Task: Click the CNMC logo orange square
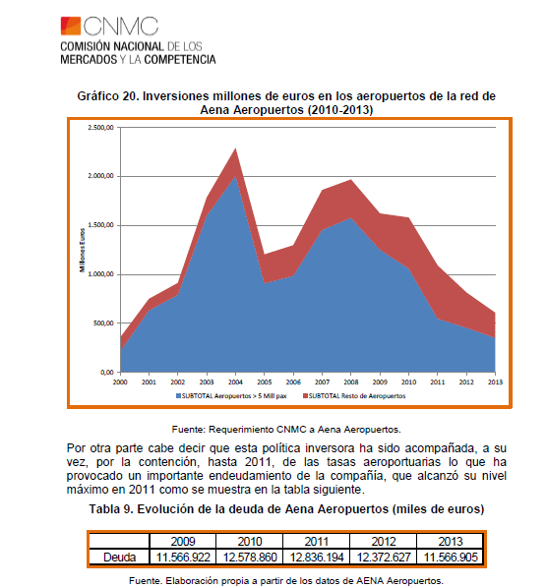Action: [x=71, y=26]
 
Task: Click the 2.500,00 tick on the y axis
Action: [x=100, y=128]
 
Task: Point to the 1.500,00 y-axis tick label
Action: [x=100, y=225]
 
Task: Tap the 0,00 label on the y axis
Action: [x=107, y=372]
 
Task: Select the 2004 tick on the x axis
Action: [x=235, y=382]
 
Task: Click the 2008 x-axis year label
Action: [x=351, y=382]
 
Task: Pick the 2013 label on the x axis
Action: [x=495, y=382]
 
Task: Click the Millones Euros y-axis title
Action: [x=83, y=250]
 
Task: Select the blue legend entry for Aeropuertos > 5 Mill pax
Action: [x=231, y=396]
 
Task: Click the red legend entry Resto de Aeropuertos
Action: [x=354, y=396]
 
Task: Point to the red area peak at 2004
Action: [x=235, y=148]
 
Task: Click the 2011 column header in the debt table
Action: [x=316, y=542]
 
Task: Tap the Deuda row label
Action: [x=119, y=558]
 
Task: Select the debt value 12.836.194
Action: [x=316, y=558]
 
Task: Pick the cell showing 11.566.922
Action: [x=183, y=558]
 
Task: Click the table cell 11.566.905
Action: [x=451, y=558]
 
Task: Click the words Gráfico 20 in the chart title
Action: [x=108, y=96]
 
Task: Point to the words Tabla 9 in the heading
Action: [x=111, y=509]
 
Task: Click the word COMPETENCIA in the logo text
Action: [x=180, y=60]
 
